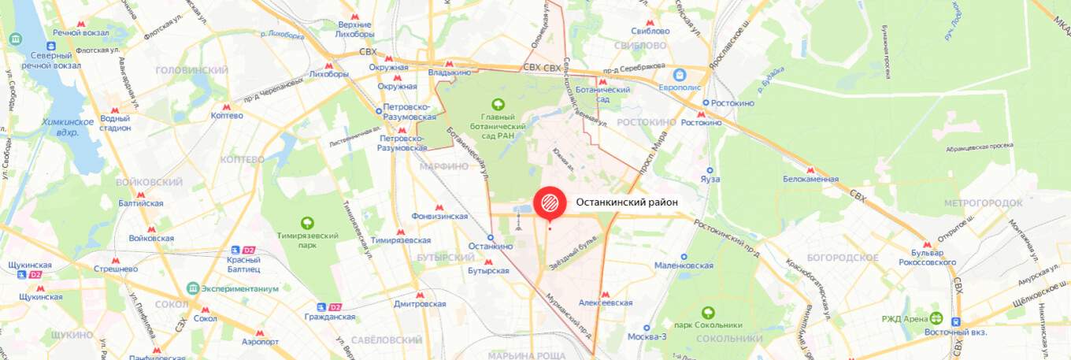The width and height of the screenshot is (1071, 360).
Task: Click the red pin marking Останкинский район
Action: [550, 202]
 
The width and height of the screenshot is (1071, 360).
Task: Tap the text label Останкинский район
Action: [627, 202]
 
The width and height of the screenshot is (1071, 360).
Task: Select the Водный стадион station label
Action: [115, 123]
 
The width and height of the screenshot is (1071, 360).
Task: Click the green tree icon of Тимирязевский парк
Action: [308, 224]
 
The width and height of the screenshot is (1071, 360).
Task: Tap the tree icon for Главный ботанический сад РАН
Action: [498, 103]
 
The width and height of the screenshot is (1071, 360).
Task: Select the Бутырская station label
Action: [489, 269]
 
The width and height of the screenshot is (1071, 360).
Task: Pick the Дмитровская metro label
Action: [420, 303]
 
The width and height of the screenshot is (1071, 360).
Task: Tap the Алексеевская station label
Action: [606, 302]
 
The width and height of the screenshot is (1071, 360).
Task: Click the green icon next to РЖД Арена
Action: [936, 318]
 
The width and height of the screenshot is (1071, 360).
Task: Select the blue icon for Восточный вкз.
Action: [956, 321]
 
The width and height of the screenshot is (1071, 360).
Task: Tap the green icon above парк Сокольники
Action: [708, 312]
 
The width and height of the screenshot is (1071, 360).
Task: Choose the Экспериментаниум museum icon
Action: [192, 288]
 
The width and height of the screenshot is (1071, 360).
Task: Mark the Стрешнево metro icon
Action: [116, 259]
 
